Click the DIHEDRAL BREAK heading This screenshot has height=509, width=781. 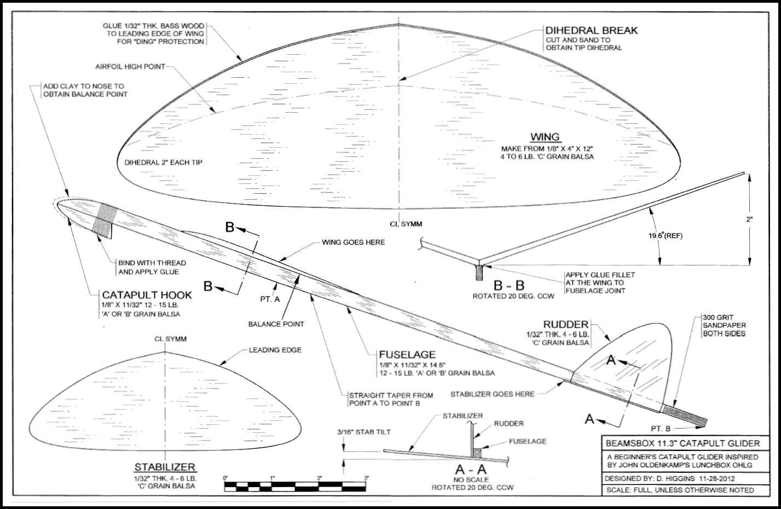coord(591,30)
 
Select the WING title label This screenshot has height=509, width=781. coord(545,137)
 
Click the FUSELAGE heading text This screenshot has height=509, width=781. coord(407,355)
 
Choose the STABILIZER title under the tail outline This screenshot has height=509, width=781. coord(165,467)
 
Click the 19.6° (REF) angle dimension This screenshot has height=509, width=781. coord(664,235)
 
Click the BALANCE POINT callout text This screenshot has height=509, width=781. coord(276,323)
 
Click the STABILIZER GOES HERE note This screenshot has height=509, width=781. coord(492,394)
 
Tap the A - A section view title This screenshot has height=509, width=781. coord(471,469)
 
